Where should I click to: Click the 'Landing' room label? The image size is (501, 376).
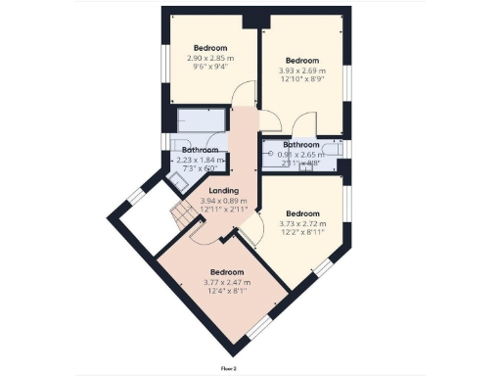(x=224, y=190)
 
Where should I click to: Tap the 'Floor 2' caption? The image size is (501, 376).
(x=230, y=368)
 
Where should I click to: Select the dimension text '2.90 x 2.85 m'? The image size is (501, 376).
(x=210, y=58)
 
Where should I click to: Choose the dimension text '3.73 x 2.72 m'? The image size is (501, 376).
(x=303, y=224)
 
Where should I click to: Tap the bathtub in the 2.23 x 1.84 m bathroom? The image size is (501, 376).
(x=203, y=121)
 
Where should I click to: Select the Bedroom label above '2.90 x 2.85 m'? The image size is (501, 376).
(x=210, y=48)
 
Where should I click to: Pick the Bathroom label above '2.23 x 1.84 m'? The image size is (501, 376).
(x=202, y=150)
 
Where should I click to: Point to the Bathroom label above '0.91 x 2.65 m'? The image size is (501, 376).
(x=301, y=144)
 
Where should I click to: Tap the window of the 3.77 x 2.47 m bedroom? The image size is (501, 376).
(x=260, y=328)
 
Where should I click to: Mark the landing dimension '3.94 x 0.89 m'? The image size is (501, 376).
(x=224, y=200)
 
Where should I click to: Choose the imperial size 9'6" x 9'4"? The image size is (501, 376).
(x=210, y=68)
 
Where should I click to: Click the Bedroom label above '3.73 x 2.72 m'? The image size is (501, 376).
(x=303, y=213)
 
